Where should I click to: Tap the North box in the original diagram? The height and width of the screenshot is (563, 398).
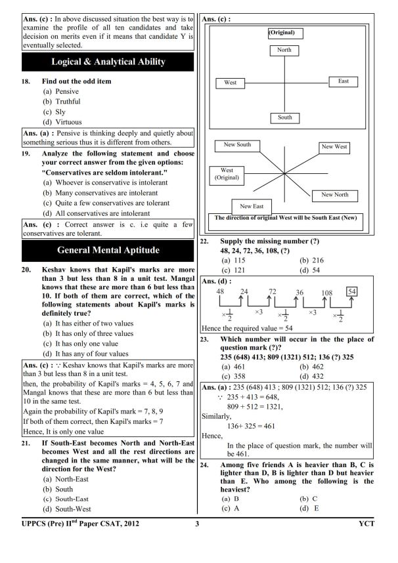pyautogui.click(x=284, y=51)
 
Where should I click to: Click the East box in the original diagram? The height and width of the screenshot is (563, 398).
pyautogui.click(x=343, y=81)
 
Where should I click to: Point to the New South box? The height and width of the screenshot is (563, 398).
pyautogui.click(x=237, y=145)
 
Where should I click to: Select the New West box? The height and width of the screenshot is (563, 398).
pyautogui.click(x=334, y=147)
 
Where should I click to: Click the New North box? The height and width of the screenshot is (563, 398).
pyautogui.click(x=335, y=195)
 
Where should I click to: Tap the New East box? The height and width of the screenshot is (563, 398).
pyautogui.click(x=252, y=206)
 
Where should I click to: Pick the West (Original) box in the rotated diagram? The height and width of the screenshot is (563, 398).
pyautogui.click(x=227, y=175)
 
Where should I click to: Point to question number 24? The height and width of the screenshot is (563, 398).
pyautogui.click(x=204, y=463)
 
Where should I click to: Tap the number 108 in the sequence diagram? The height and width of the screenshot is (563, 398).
pyautogui.click(x=326, y=292)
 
